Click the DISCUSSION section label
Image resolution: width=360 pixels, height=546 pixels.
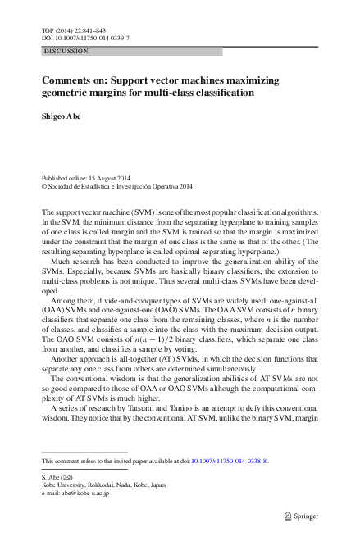pyautogui.click(x=66, y=51)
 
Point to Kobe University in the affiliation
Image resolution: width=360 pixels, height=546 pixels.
pyautogui.click(x=67, y=485)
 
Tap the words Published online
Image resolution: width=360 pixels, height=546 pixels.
pyautogui.click(x=67, y=177)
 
